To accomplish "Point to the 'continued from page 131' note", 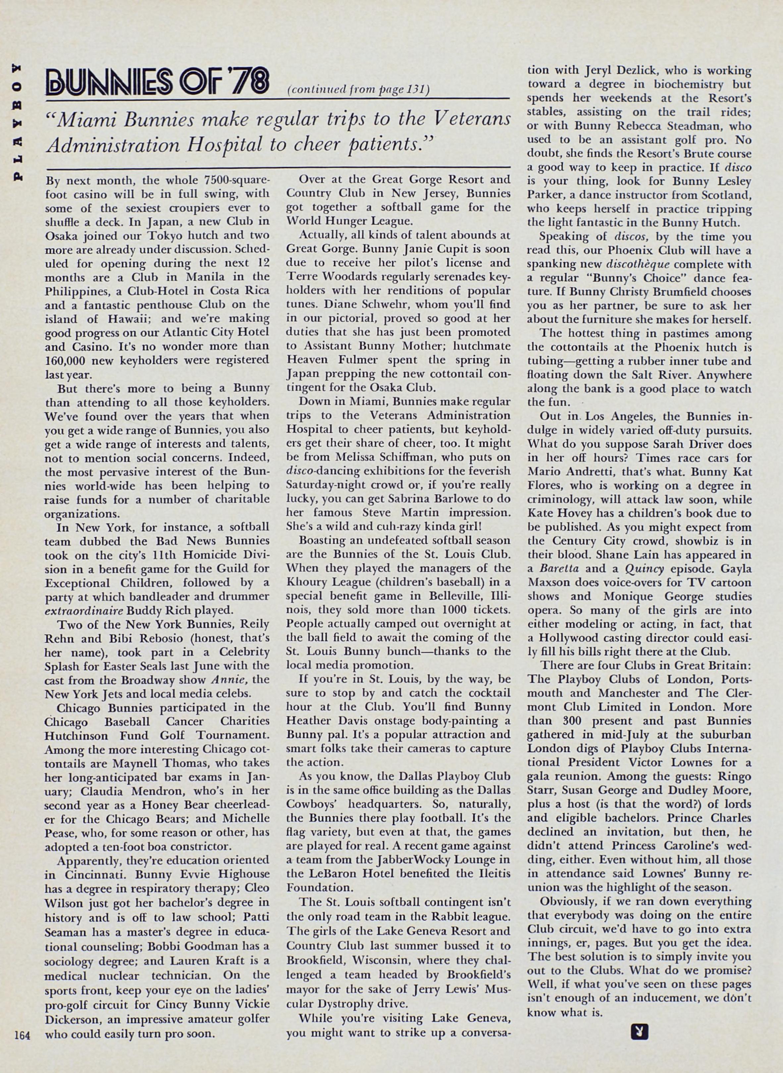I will tap(358, 90).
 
